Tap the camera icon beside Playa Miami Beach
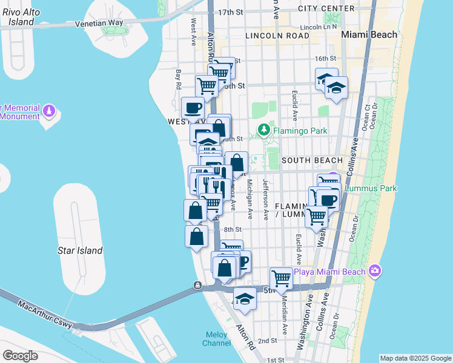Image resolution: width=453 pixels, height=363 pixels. coord(375,270)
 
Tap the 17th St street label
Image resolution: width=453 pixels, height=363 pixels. coord(230,12)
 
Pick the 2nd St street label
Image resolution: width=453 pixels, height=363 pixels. coord(267,341)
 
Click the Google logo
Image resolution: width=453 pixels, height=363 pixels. coord(20,355)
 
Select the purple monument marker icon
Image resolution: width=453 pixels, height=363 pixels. coord(50,111)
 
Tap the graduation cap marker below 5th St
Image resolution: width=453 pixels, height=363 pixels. coord(245,299)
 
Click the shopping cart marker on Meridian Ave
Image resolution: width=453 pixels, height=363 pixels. coord(282,278)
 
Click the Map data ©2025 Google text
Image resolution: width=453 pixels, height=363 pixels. coord(415,358)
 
